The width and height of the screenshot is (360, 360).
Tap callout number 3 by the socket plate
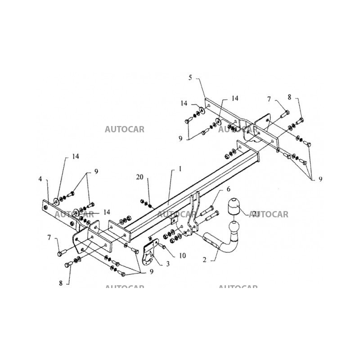pyautogui.click(x=167, y=264)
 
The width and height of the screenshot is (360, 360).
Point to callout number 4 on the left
pyautogui.click(x=40, y=179)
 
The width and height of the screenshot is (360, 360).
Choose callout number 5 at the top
pyautogui.click(x=190, y=77)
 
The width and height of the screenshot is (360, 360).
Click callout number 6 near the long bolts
pyautogui.click(x=228, y=189)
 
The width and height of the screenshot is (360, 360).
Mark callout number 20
pyautogui.click(x=139, y=177)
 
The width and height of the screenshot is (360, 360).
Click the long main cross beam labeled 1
pyautogui.click(x=189, y=193)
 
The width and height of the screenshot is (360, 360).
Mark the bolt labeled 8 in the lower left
pyautogui.click(x=69, y=265)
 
